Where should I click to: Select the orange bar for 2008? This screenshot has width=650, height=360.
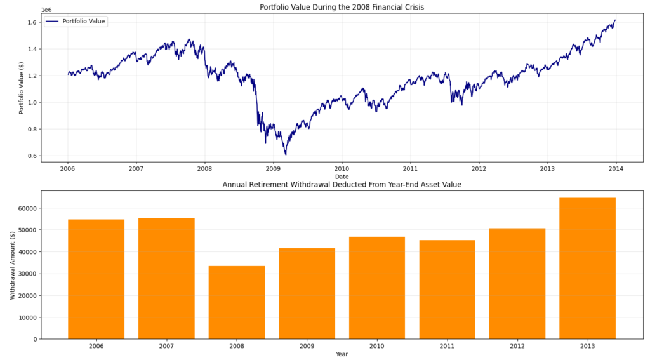tap(236, 302)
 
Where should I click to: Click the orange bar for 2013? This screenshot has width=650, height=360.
tap(587, 269)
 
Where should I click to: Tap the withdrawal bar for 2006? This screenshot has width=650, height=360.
tap(96, 279)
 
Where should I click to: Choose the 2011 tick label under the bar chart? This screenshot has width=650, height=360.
tap(447, 347)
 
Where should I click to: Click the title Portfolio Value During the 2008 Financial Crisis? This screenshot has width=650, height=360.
tap(342, 7)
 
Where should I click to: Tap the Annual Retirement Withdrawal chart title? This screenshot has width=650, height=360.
tap(342, 185)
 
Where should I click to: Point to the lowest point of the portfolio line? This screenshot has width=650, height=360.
tap(286, 154)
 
